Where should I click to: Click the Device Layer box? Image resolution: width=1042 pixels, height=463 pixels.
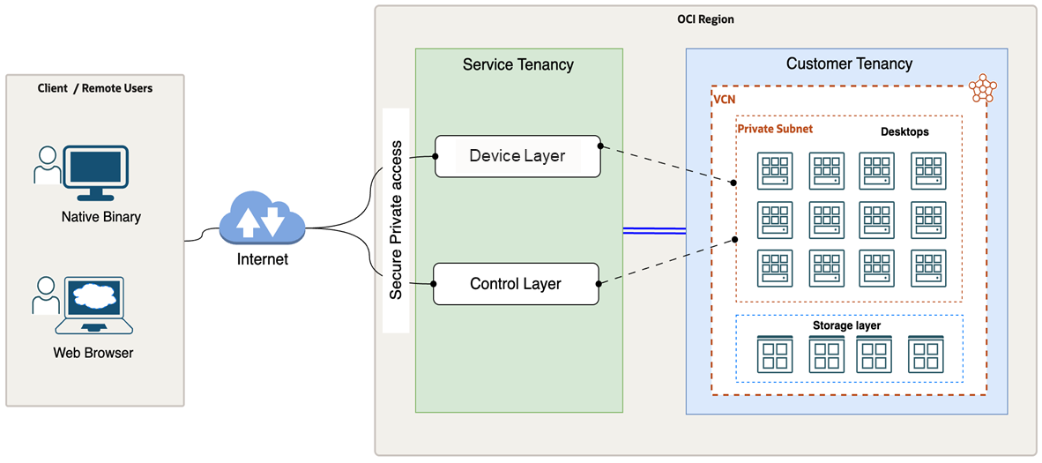[x=517, y=156]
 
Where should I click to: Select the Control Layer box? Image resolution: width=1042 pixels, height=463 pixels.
[x=516, y=284]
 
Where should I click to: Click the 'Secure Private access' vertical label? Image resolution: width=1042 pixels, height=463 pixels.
[x=396, y=220]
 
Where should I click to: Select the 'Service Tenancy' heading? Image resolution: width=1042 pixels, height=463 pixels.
[x=517, y=64]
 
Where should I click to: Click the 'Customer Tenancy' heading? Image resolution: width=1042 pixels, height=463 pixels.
[x=849, y=63]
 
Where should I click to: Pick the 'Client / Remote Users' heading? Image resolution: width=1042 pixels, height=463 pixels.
[x=95, y=88]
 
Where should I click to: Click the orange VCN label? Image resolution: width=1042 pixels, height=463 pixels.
[x=725, y=99]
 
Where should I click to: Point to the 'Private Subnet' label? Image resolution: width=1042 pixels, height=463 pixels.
[x=774, y=129]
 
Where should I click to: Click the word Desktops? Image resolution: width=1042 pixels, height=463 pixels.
[x=904, y=131]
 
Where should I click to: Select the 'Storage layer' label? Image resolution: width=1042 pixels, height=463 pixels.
[x=846, y=325]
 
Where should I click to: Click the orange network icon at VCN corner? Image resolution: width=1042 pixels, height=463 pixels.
[x=982, y=87]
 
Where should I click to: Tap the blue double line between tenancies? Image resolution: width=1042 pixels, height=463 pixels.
[x=654, y=231]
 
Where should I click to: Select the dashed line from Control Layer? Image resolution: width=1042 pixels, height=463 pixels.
[x=667, y=261]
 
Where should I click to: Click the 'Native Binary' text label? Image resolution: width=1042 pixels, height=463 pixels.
[x=100, y=217]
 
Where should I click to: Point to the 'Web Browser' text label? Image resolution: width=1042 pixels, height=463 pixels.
[x=93, y=354]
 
